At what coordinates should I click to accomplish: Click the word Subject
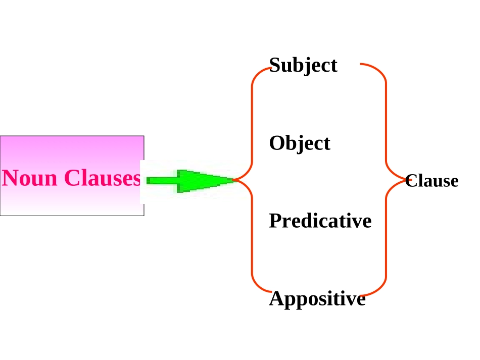pyautogui.click(x=303, y=65)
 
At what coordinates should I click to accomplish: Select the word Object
pyautogui.click(x=300, y=143)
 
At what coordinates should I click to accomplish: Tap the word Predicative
pyautogui.click(x=320, y=221)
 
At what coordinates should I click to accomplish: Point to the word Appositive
pyautogui.click(x=317, y=299)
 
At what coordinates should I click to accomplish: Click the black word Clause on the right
pyautogui.click(x=431, y=180)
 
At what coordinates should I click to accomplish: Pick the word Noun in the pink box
pyautogui.click(x=29, y=178)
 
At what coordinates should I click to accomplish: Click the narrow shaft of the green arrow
pyautogui.click(x=162, y=180)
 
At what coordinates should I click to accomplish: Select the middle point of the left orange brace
pyautogui.click(x=234, y=180)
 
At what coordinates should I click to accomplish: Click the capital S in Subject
pyautogui.click(x=275, y=65)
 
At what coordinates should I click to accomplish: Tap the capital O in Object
pyautogui.click(x=277, y=143)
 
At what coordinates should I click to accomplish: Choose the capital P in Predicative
pyautogui.click(x=275, y=221)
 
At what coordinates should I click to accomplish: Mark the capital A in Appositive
pyautogui.click(x=277, y=298)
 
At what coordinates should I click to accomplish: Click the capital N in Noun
pyautogui.click(x=10, y=178)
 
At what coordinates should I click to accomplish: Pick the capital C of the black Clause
pyautogui.click(x=411, y=180)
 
